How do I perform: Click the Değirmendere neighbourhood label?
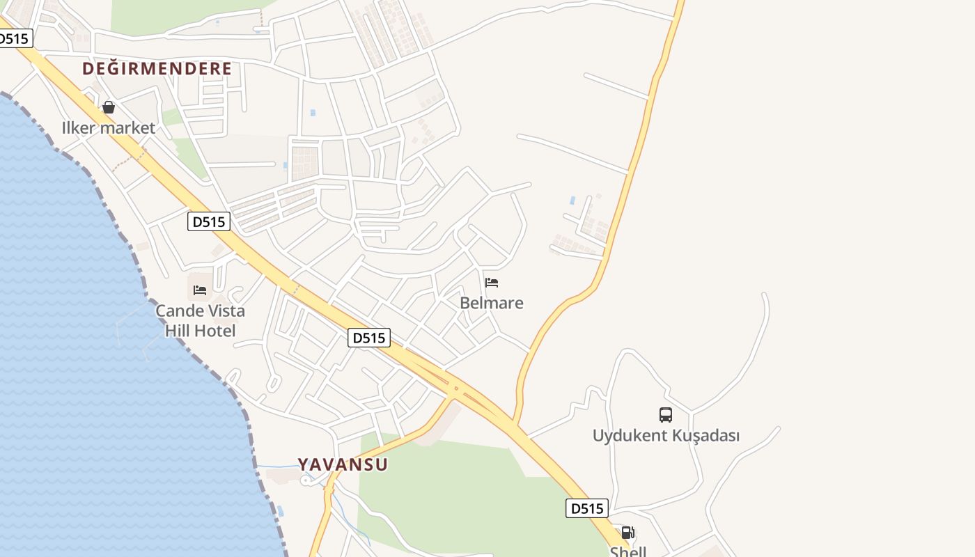[157, 69]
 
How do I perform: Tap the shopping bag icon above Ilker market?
[109, 107]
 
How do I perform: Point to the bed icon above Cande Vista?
[200, 290]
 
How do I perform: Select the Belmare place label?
[492, 303]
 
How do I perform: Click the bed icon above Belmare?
[492, 282]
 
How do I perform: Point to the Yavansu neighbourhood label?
[343, 464]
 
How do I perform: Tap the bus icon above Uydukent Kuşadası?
[666, 415]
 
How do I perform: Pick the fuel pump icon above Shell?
[627, 533]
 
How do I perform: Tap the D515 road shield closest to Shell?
[586, 508]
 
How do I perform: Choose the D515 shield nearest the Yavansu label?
[368, 338]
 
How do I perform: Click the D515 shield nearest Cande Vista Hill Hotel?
[209, 221]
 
